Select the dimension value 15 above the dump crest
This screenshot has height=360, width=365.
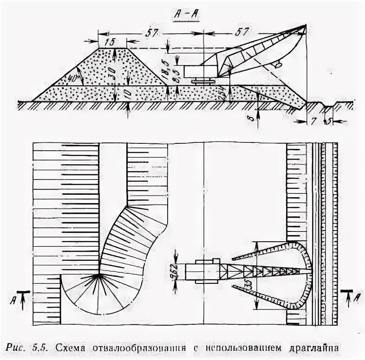(x=110, y=42)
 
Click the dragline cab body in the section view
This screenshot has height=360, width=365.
(x=200, y=71)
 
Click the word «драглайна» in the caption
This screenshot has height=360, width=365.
(x=312, y=348)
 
